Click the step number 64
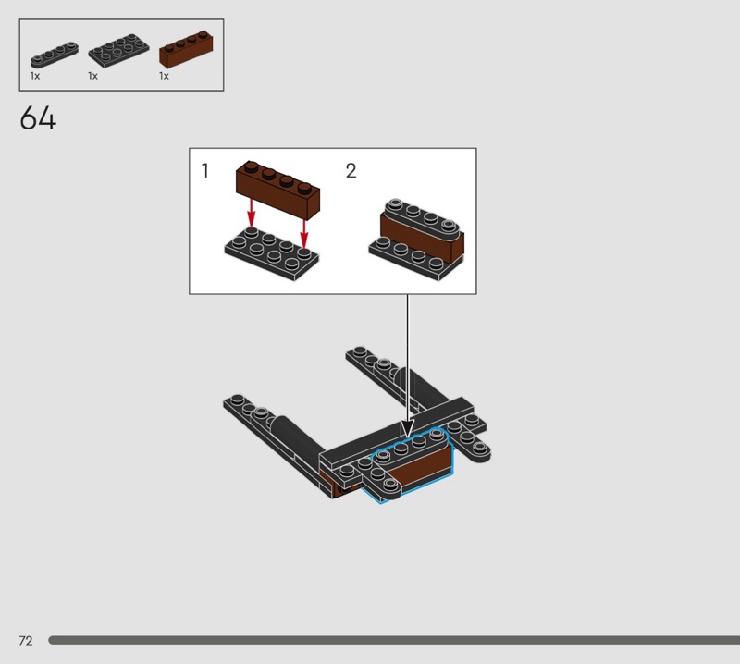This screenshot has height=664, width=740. tap(38, 117)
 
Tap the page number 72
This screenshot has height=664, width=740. tap(26, 640)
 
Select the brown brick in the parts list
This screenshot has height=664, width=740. tap(186, 49)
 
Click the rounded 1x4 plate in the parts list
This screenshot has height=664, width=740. tap(55, 55)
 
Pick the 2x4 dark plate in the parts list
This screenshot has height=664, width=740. tap(118, 51)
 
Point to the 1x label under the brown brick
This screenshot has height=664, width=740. tap(164, 76)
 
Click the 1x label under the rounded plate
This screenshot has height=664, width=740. tap(35, 76)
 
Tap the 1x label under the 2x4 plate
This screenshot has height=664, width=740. tap(93, 76)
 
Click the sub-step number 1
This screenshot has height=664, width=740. tap(204, 171)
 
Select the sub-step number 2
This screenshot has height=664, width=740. tap(351, 171)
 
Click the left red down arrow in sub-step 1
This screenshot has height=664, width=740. tap(251, 214)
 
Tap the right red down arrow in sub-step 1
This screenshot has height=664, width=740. tap(304, 232)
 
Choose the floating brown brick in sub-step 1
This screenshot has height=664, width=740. tap(278, 190)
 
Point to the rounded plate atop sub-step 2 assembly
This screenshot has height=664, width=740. tap(423, 218)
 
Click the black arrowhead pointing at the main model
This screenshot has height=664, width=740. tap(407, 428)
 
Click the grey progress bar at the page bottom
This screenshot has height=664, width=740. tap(394, 640)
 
